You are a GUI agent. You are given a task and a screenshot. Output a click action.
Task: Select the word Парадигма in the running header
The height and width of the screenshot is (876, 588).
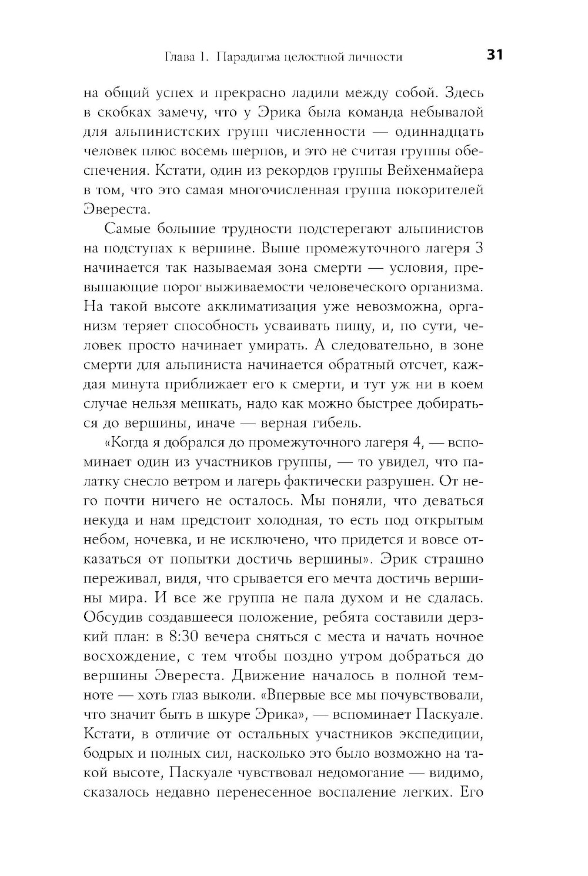tap(246, 57)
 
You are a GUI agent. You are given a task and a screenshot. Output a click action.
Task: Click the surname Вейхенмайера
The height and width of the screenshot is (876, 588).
tap(435, 171)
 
